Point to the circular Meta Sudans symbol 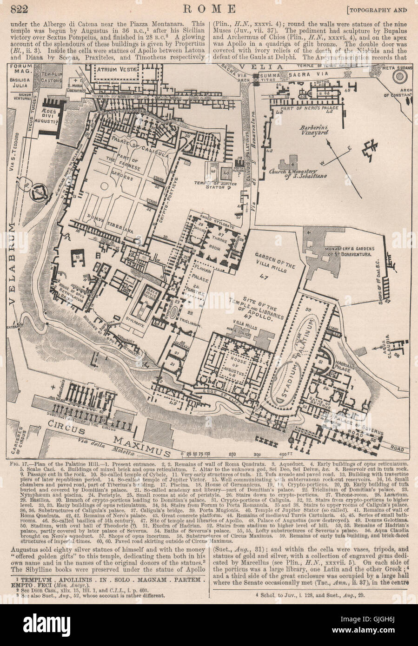399,76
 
